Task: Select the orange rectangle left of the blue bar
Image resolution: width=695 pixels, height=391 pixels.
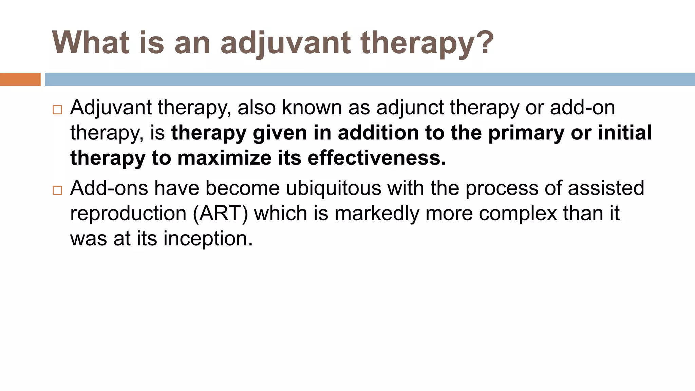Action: (20, 79)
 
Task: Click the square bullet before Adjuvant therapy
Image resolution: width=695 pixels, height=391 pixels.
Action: (57, 110)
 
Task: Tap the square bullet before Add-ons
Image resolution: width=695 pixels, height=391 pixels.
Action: (57, 190)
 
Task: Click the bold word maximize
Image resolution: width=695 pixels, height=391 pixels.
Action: (224, 158)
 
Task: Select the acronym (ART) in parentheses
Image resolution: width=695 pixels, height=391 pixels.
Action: (221, 214)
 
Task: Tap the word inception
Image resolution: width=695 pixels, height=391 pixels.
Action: (208, 239)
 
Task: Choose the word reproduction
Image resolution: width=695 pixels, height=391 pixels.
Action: (128, 214)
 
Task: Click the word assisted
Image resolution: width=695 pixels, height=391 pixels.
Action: (606, 188)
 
